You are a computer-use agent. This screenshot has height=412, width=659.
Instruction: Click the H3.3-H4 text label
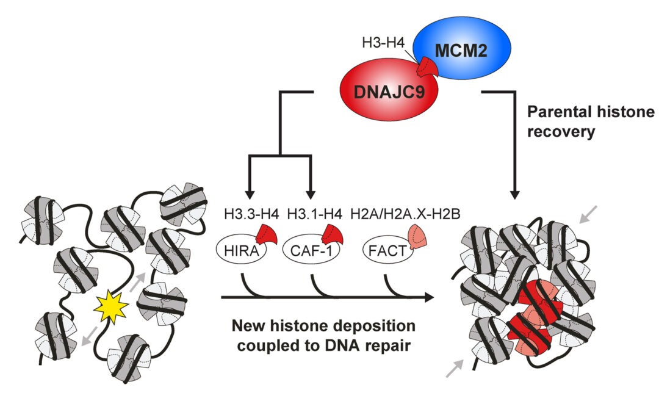[243, 215]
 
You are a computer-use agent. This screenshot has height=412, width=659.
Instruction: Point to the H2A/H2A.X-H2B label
[396, 215]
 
